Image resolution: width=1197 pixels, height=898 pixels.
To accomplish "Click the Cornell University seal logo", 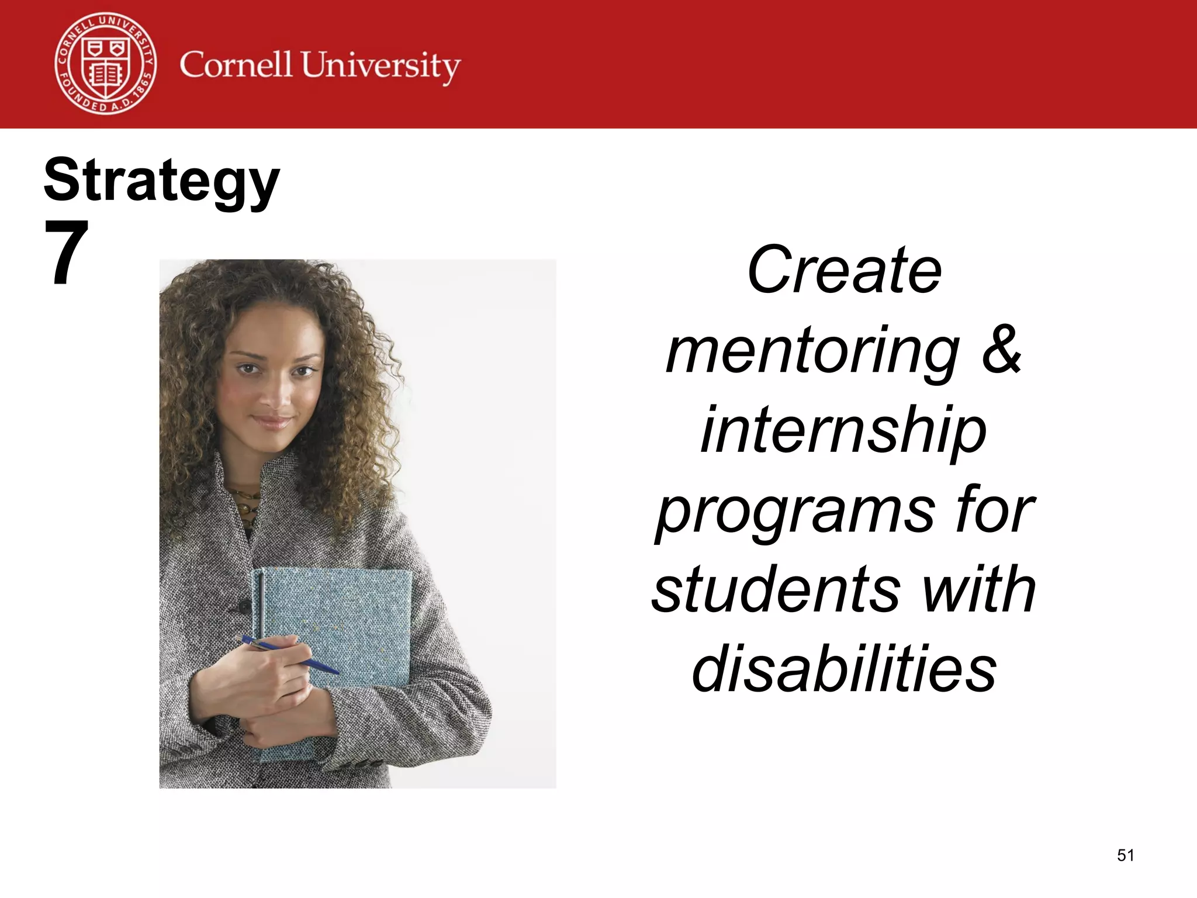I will coord(106,63).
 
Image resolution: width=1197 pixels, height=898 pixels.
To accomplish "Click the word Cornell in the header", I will coord(236,64).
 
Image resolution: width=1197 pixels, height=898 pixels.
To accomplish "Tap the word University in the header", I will coord(380,66).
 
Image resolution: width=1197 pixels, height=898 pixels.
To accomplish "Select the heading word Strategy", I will coord(162,181).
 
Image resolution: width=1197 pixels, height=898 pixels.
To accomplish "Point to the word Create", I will coord(844,270).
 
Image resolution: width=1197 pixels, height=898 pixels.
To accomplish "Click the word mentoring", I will coord(812,351).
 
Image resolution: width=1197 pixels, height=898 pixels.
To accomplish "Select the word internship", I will coord(844,431).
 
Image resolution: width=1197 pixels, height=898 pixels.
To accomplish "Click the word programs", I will coord(795,512).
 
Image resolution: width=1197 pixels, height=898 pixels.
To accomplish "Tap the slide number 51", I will coord(1125,855).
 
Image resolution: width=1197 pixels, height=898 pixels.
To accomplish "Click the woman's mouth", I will coord(272,421).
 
